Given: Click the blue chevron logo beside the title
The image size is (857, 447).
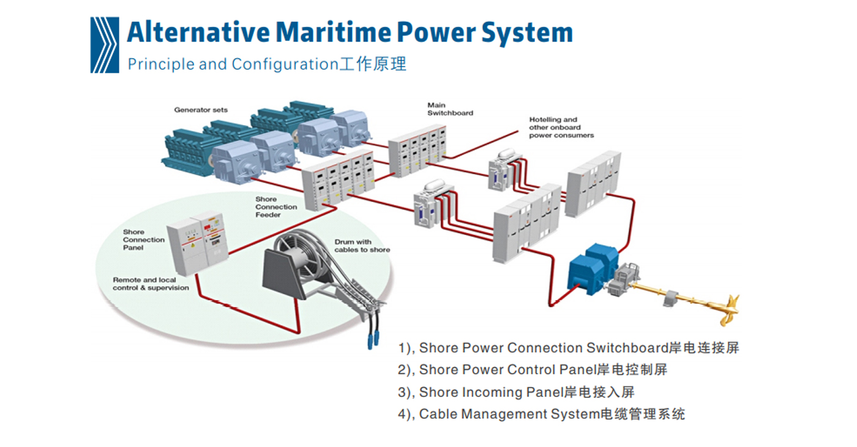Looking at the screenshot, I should click(105, 45).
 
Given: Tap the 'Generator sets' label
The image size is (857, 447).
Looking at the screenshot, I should click(201, 110).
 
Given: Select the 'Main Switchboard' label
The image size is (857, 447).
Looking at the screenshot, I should click(450, 109).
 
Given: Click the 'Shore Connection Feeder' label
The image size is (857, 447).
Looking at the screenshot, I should click(276, 207).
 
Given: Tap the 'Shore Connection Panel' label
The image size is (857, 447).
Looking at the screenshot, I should click(143, 240).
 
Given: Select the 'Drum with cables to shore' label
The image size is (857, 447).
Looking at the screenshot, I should click(362, 246).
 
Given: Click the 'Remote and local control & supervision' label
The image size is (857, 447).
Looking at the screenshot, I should click(151, 284).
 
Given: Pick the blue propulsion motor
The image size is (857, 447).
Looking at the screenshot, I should click(591, 269).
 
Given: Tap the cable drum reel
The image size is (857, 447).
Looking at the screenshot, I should click(300, 257).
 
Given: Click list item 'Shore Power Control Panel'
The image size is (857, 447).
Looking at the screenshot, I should click(542, 370).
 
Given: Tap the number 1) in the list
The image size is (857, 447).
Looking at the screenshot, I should click(406, 348).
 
